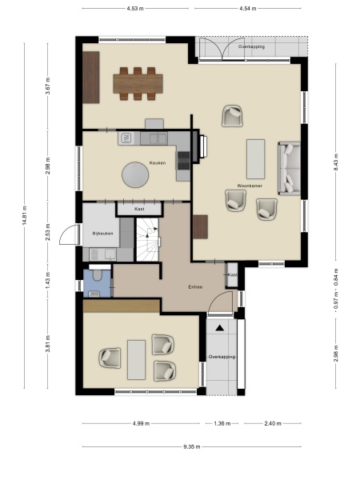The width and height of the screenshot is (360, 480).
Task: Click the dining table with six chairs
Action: point(138,83)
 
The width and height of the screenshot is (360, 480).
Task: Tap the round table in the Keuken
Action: point(134,174)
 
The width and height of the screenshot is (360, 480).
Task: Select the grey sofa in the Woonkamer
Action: point(289,167)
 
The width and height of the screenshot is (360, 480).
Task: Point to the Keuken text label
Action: point(158,162)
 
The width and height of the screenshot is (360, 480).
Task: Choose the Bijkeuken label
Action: point(102,232)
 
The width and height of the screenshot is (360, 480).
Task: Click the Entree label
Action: point(194,286)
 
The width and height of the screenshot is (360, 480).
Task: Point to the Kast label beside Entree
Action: point(232,275)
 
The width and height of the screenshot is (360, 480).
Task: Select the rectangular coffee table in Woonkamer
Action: point(255,158)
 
